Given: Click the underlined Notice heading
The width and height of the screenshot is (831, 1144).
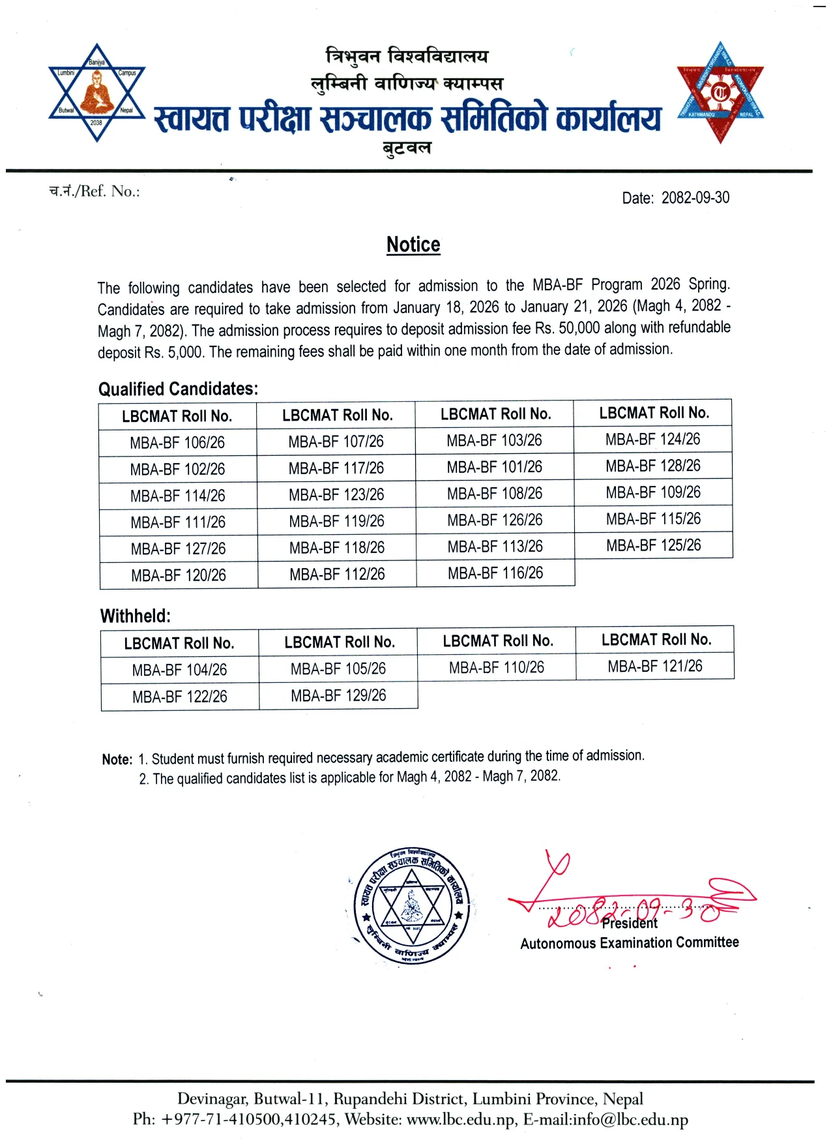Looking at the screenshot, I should click(x=413, y=245).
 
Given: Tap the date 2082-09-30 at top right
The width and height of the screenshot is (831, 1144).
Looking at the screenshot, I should click(x=695, y=198).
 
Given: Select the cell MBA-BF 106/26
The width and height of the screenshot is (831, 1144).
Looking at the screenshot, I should click(x=177, y=443).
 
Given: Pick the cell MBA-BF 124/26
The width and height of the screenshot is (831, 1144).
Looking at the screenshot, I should click(x=652, y=440).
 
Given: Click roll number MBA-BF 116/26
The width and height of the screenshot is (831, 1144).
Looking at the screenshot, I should click(x=495, y=573).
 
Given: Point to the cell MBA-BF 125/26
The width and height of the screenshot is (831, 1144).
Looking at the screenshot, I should click(x=653, y=545).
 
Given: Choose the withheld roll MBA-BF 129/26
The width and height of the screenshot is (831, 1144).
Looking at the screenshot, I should click(x=338, y=696).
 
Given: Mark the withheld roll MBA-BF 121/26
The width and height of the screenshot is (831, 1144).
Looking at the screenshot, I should click(x=655, y=666).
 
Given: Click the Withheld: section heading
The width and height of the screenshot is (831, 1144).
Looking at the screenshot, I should click(x=136, y=616).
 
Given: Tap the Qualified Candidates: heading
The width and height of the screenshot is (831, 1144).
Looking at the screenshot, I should click(x=178, y=389).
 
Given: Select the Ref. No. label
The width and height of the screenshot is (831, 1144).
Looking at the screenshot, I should click(x=95, y=191).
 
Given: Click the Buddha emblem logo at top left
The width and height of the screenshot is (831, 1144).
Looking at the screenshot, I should click(x=96, y=93).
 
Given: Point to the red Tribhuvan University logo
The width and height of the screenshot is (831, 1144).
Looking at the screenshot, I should click(x=720, y=93).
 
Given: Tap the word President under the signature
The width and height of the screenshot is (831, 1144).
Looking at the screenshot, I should click(x=630, y=924).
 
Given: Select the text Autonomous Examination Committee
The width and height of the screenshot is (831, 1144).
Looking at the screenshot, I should click(x=629, y=943).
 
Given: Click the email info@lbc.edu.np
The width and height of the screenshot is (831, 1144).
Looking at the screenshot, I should click(x=630, y=1120).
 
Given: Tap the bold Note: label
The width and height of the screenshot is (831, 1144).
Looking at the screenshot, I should click(x=117, y=760).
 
